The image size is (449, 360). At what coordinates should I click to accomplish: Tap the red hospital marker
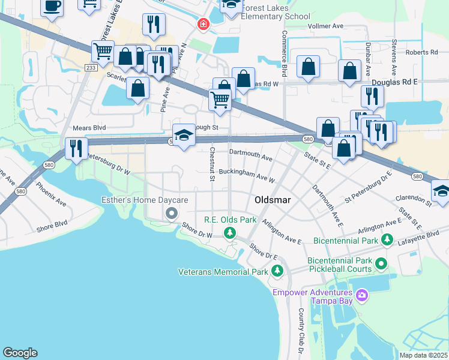click(x=203, y=24)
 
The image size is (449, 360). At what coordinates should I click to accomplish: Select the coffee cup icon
click(x=52, y=7)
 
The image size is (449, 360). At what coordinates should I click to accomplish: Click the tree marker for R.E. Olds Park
click(x=229, y=232)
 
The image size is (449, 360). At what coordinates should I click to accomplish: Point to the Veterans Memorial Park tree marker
click(x=277, y=272)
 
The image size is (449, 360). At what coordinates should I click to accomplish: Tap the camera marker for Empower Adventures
click(x=361, y=295)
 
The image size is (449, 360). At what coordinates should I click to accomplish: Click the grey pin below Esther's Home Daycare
click(x=172, y=214)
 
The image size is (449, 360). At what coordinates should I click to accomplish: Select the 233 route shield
click(x=90, y=68)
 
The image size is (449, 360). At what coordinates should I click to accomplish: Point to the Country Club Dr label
click(x=301, y=330)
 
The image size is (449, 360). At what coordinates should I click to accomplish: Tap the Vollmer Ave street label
click(x=325, y=26)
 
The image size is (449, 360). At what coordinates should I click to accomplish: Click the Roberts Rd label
click(x=421, y=52)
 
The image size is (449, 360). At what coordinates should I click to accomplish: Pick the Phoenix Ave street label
click(x=51, y=194)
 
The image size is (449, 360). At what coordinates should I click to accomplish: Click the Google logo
click(x=20, y=352)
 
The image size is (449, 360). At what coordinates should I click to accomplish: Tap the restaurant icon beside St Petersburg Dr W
click(x=76, y=148)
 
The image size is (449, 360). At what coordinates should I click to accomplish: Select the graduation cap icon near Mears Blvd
click(x=184, y=134)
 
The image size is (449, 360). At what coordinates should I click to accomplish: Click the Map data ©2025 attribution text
click(x=423, y=355)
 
